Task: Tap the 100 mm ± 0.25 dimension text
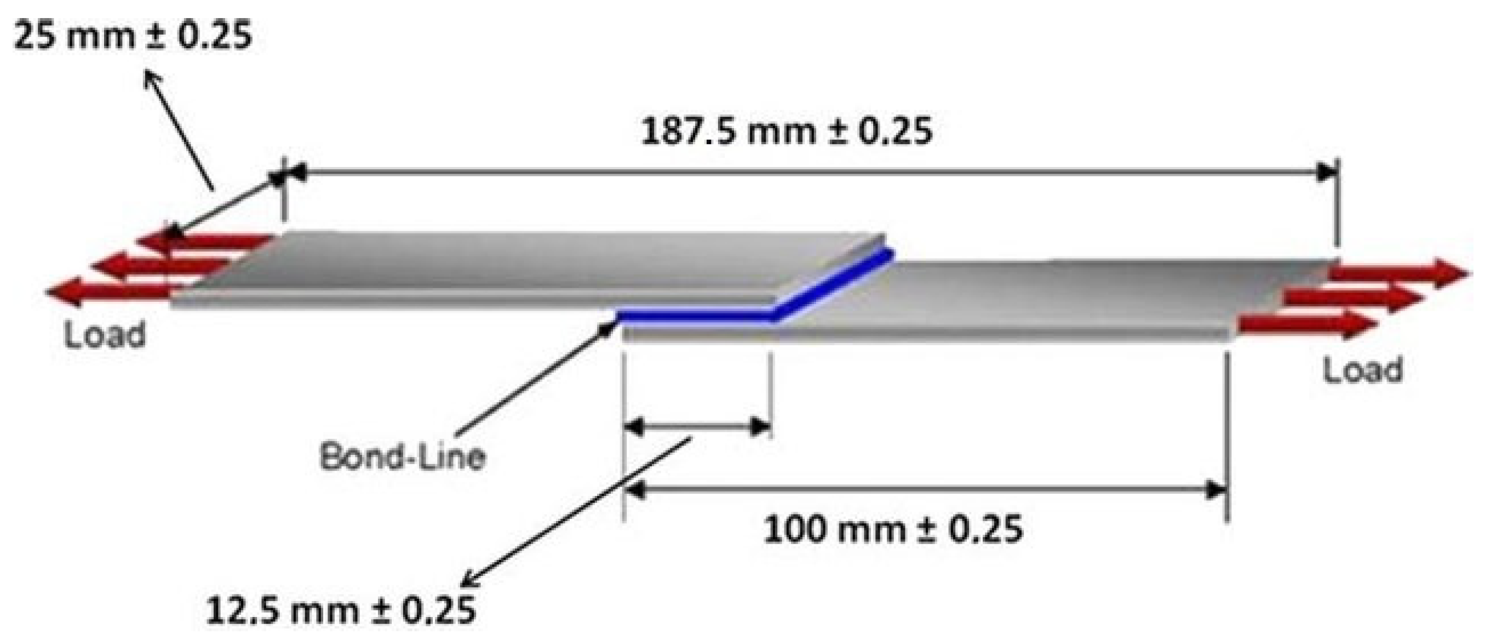pos(893,529)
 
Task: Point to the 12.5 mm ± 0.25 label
pos(341,609)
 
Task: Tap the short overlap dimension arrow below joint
pos(697,427)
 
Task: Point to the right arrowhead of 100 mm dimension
pos(1217,490)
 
